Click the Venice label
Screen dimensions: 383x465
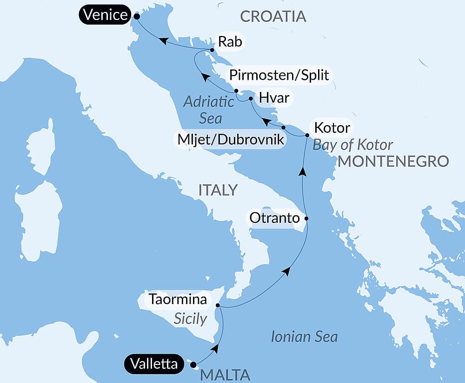(x=105, y=15)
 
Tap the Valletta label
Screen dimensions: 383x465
(x=154, y=364)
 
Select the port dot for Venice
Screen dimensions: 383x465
(x=137, y=16)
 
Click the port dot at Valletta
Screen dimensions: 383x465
(x=193, y=364)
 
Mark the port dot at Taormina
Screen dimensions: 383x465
(x=218, y=305)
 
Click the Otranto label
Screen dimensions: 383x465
(x=274, y=217)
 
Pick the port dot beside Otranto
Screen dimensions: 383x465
(x=306, y=218)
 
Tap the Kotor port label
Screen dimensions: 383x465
(x=332, y=127)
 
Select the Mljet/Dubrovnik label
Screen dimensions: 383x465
(x=229, y=139)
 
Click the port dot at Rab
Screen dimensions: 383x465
(x=212, y=50)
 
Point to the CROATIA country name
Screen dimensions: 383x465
(x=273, y=16)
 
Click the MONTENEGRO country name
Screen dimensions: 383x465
(x=393, y=161)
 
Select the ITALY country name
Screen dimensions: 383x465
(x=218, y=190)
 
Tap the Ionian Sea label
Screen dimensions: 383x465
(x=304, y=337)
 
